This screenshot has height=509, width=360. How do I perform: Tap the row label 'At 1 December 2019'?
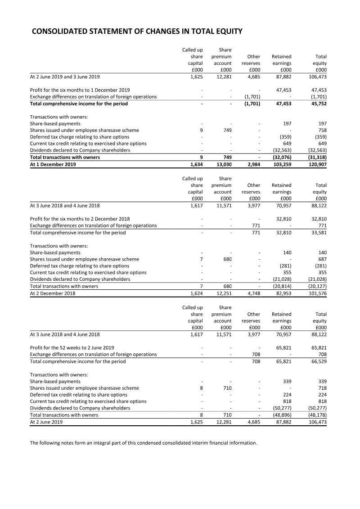click(x=53, y=164)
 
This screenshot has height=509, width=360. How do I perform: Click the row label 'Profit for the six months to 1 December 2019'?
click(x=80, y=90)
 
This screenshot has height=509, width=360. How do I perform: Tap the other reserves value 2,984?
click(x=252, y=164)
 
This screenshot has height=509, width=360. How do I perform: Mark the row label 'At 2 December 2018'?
click(x=53, y=293)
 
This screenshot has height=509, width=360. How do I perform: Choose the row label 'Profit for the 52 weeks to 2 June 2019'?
click(x=72, y=348)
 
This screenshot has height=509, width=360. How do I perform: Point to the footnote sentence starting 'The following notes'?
click(x=143, y=443)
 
